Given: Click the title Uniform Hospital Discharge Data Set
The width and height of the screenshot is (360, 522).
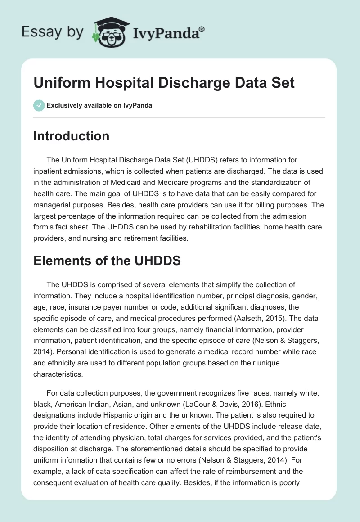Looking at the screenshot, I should coord(164,83).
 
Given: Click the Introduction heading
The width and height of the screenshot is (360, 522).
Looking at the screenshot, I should coord(71,136).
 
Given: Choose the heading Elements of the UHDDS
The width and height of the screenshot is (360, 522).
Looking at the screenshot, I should coord(107,260).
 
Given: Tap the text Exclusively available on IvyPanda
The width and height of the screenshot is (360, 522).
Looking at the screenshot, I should coord(99,106).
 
